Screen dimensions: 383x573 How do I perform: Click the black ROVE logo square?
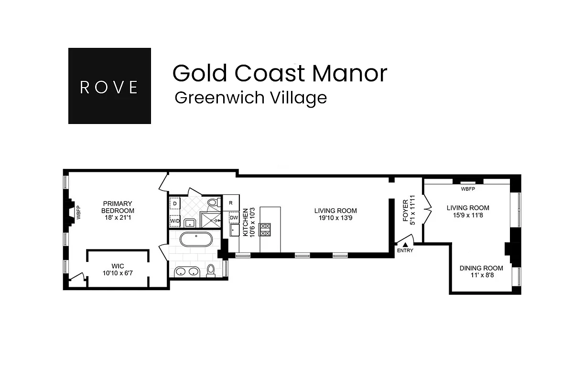[109, 86]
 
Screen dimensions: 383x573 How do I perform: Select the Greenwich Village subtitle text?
[250, 98]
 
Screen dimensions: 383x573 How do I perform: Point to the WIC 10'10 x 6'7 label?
[118, 269]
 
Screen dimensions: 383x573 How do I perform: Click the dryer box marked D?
[175, 204]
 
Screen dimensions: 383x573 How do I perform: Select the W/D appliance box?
[175, 221]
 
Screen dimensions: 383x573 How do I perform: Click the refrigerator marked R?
[231, 203]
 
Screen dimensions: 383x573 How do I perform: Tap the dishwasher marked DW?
[234, 218]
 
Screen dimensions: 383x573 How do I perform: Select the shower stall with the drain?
[210, 220]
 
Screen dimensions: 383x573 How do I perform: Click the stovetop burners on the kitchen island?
[265, 230]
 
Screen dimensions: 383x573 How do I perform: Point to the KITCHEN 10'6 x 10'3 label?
[249, 222]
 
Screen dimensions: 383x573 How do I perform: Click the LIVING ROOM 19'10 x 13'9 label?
[335, 214]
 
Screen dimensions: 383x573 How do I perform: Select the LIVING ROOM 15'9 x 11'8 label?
[467, 211]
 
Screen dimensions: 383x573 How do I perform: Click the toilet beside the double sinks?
[211, 270]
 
